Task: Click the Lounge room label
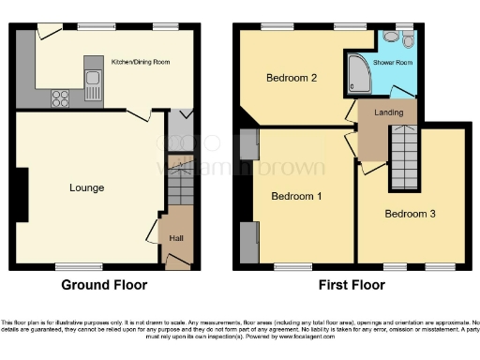coord(86,187)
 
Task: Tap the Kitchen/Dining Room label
coord(145,62)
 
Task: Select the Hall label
coord(175,238)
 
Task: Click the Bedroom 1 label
coord(296,197)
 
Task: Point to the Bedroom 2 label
coord(291,78)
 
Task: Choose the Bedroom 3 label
coord(411,213)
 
